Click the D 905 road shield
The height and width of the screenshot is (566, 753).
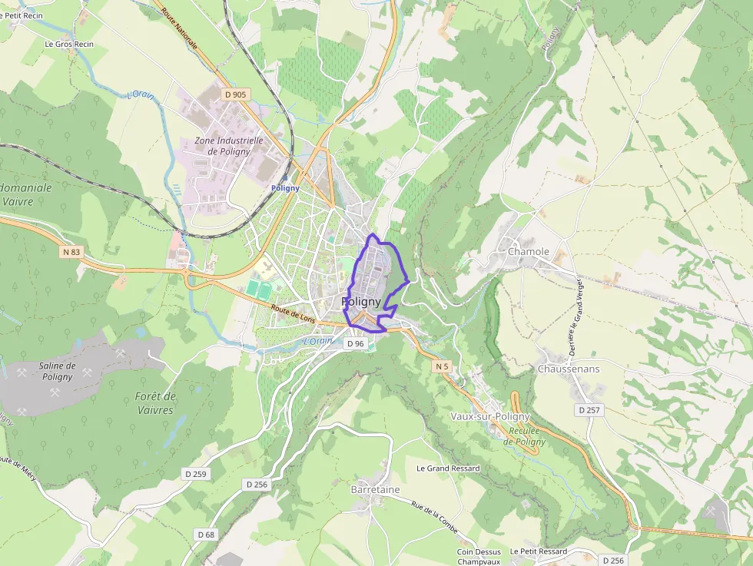[235, 94]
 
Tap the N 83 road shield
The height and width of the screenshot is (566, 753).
[71, 251]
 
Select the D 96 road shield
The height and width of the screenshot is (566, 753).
[355, 343]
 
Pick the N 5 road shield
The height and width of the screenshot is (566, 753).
[441, 366]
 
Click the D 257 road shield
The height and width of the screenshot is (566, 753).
[589, 410]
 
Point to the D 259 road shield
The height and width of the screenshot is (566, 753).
[195, 474]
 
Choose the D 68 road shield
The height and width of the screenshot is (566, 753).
[206, 534]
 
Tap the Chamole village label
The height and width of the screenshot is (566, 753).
[529, 251]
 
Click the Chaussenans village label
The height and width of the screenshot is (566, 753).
[569, 369]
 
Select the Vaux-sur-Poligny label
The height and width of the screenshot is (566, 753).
[489, 416]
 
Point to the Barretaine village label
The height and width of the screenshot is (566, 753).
[376, 489]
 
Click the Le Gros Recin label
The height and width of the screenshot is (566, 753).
[69, 44]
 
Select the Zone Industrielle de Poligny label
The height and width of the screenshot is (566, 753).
[229, 146]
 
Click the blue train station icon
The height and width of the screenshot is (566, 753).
[285, 177]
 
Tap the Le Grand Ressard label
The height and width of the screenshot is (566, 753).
[448, 468]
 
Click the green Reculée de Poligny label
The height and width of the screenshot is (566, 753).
[525, 436]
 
